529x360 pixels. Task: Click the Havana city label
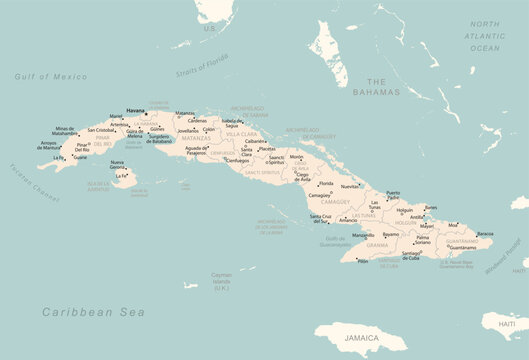coord(136,110)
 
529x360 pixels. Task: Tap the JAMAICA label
coord(363,339)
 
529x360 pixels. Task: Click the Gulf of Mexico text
coord(51,76)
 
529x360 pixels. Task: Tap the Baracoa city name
coord(485,234)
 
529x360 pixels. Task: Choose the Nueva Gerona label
coord(117,164)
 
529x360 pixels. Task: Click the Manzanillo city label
coord(363,235)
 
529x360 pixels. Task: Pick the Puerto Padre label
coord(393,195)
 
